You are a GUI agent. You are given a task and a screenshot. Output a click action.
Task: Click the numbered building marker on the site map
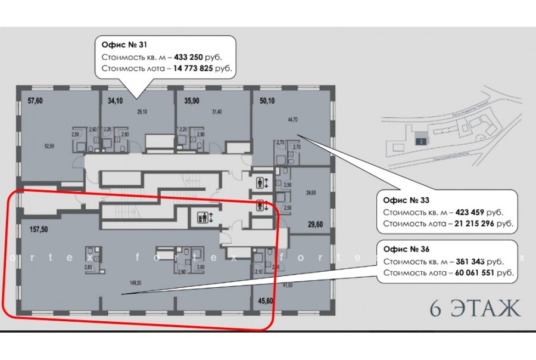[x=420, y=141]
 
